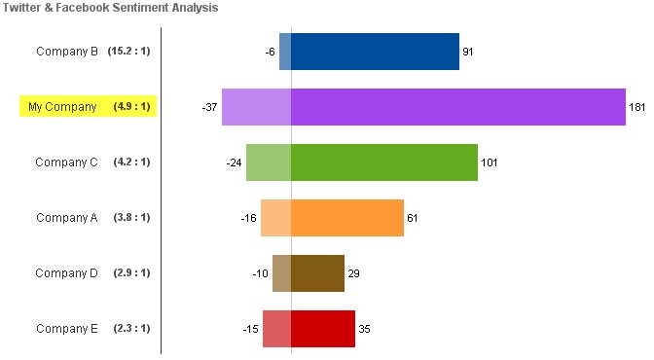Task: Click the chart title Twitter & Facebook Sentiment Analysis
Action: [111, 8]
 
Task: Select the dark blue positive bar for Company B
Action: [375, 52]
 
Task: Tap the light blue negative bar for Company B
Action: [285, 52]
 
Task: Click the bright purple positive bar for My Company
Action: [458, 107]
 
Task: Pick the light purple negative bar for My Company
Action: [257, 107]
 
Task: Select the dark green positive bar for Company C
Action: [384, 162]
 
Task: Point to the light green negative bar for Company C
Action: [269, 162]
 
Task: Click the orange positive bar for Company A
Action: [347, 218]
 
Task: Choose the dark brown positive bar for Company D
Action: [318, 273]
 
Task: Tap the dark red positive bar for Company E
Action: [323, 329]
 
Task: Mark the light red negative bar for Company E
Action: [277, 329]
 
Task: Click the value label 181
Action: [636, 107]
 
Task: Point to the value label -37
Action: [210, 107]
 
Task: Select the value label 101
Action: [490, 162]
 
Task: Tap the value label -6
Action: [271, 52]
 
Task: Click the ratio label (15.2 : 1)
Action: [128, 51]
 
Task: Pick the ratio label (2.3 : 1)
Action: [131, 328]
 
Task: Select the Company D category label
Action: [67, 273]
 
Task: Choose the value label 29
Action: [353, 273]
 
